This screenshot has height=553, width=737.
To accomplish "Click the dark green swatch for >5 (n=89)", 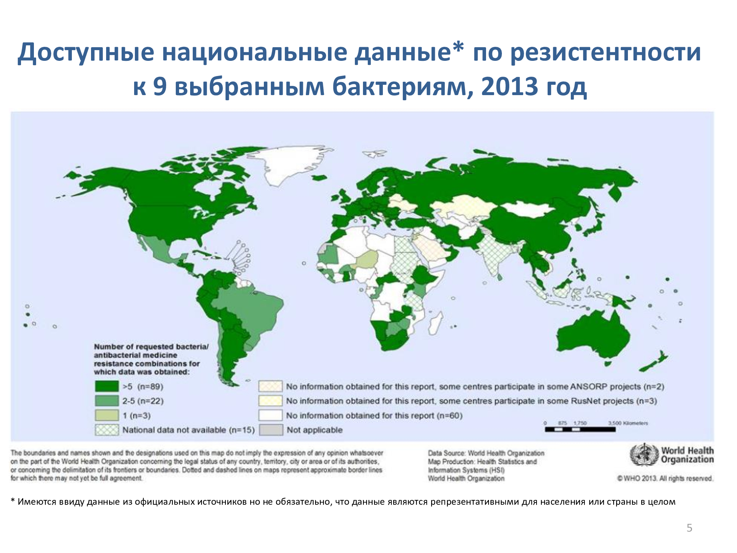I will point(107,386).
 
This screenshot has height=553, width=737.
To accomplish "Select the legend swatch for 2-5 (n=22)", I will point(107,401).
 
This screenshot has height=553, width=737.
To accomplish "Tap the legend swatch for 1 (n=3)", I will point(107,415).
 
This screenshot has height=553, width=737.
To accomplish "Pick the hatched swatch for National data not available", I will point(107,430).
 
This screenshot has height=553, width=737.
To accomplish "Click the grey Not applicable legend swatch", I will point(271,430).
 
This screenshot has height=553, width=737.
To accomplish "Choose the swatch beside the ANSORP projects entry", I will point(270,386).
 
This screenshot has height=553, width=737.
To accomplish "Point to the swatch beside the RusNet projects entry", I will point(270,401).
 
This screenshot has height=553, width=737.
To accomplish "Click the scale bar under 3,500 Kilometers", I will point(580,429).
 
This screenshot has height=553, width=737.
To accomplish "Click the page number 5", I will point(689,528).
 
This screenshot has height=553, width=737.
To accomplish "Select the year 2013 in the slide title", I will point(510,87).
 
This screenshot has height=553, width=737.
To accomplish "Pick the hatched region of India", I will point(496,254).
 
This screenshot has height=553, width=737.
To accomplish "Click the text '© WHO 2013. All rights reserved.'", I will point(665,479).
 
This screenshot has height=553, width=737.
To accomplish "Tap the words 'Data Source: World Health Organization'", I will point(486,453).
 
